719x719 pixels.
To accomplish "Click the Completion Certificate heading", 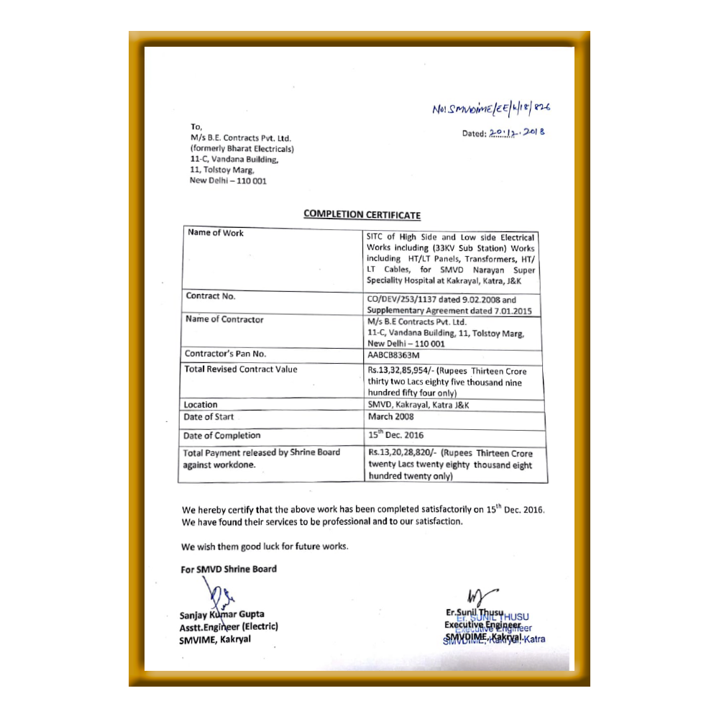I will (362, 214).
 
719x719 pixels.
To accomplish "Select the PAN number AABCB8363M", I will (393, 354).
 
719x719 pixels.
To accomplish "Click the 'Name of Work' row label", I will (215, 233).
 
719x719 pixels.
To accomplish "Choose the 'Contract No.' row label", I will (210, 296).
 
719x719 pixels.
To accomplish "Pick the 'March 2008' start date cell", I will (390, 417).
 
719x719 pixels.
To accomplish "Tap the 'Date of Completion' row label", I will (221, 436).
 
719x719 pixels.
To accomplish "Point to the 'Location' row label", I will (200, 405).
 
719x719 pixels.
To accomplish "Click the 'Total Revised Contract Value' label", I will (240, 370).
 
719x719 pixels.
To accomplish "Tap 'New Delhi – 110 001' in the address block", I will (227, 180).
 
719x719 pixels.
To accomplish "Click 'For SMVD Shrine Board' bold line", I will (229, 569).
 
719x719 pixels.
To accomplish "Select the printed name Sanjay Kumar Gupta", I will (221, 615).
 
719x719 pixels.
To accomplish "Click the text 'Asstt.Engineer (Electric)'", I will (229, 626).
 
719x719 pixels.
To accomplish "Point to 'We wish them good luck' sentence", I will (265, 546).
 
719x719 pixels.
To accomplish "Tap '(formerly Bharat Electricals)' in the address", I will (242, 149).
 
